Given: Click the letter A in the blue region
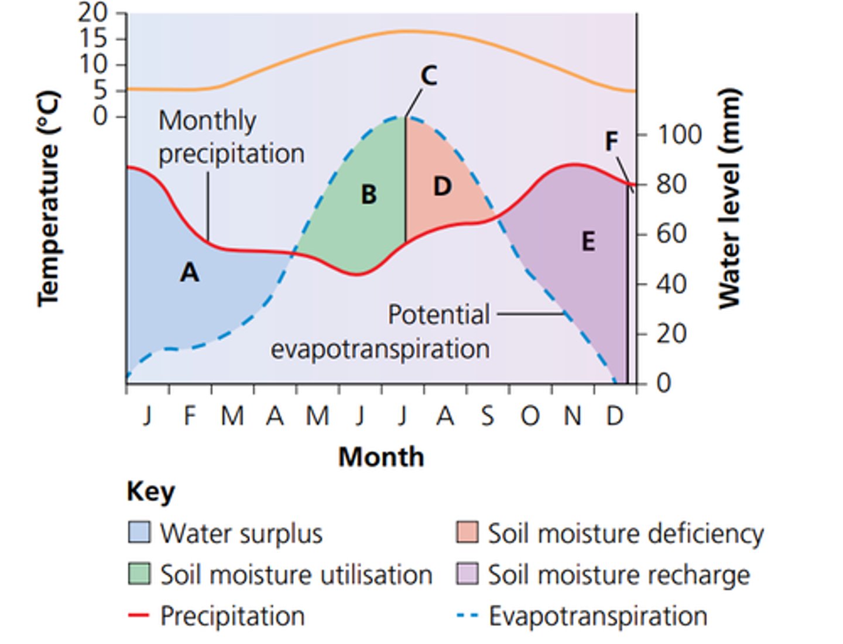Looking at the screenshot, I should [x=189, y=272].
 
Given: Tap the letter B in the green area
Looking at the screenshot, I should [x=368, y=195].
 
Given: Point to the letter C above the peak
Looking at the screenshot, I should [x=429, y=76].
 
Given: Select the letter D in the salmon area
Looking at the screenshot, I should [x=443, y=186].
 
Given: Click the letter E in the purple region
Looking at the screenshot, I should [x=588, y=241].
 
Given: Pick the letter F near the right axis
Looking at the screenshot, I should [x=611, y=141].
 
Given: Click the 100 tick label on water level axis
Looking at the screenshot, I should [x=679, y=135].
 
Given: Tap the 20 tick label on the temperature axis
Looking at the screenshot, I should [x=93, y=12].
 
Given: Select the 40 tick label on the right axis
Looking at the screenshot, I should [x=671, y=285].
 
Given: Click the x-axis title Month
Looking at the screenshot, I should [x=381, y=457].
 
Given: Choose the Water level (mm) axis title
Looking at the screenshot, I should [x=729, y=199].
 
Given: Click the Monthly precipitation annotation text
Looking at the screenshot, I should [x=231, y=138].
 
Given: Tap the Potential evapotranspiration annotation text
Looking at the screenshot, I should [x=381, y=332].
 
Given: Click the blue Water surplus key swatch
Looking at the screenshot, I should [x=139, y=533].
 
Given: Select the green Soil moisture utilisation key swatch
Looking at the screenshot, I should [x=139, y=574].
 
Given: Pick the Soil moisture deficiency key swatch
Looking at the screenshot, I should [x=467, y=533].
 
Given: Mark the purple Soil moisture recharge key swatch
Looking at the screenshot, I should [x=467, y=574].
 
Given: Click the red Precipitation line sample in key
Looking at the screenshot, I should [x=139, y=616].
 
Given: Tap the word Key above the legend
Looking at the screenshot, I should [x=150, y=492].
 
